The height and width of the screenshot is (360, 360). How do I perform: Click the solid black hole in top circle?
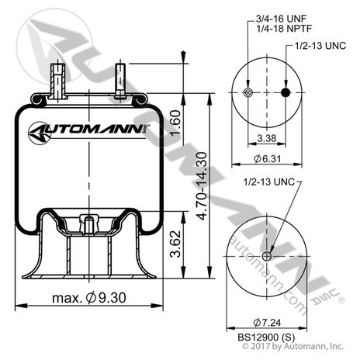[284, 94]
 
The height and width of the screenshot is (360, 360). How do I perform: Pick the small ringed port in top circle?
[247, 94]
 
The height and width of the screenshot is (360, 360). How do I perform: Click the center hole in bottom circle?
[265, 257]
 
